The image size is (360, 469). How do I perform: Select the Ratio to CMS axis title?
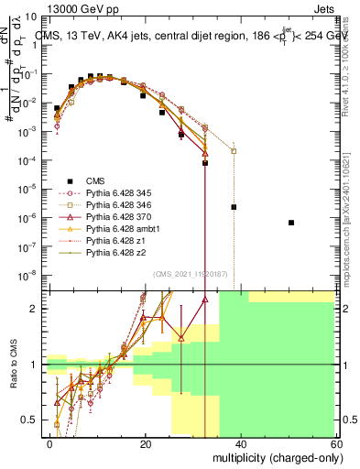point(12,365)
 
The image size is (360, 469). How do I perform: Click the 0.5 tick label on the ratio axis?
point(32,420)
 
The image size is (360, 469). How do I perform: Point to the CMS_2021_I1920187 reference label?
point(192,274)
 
